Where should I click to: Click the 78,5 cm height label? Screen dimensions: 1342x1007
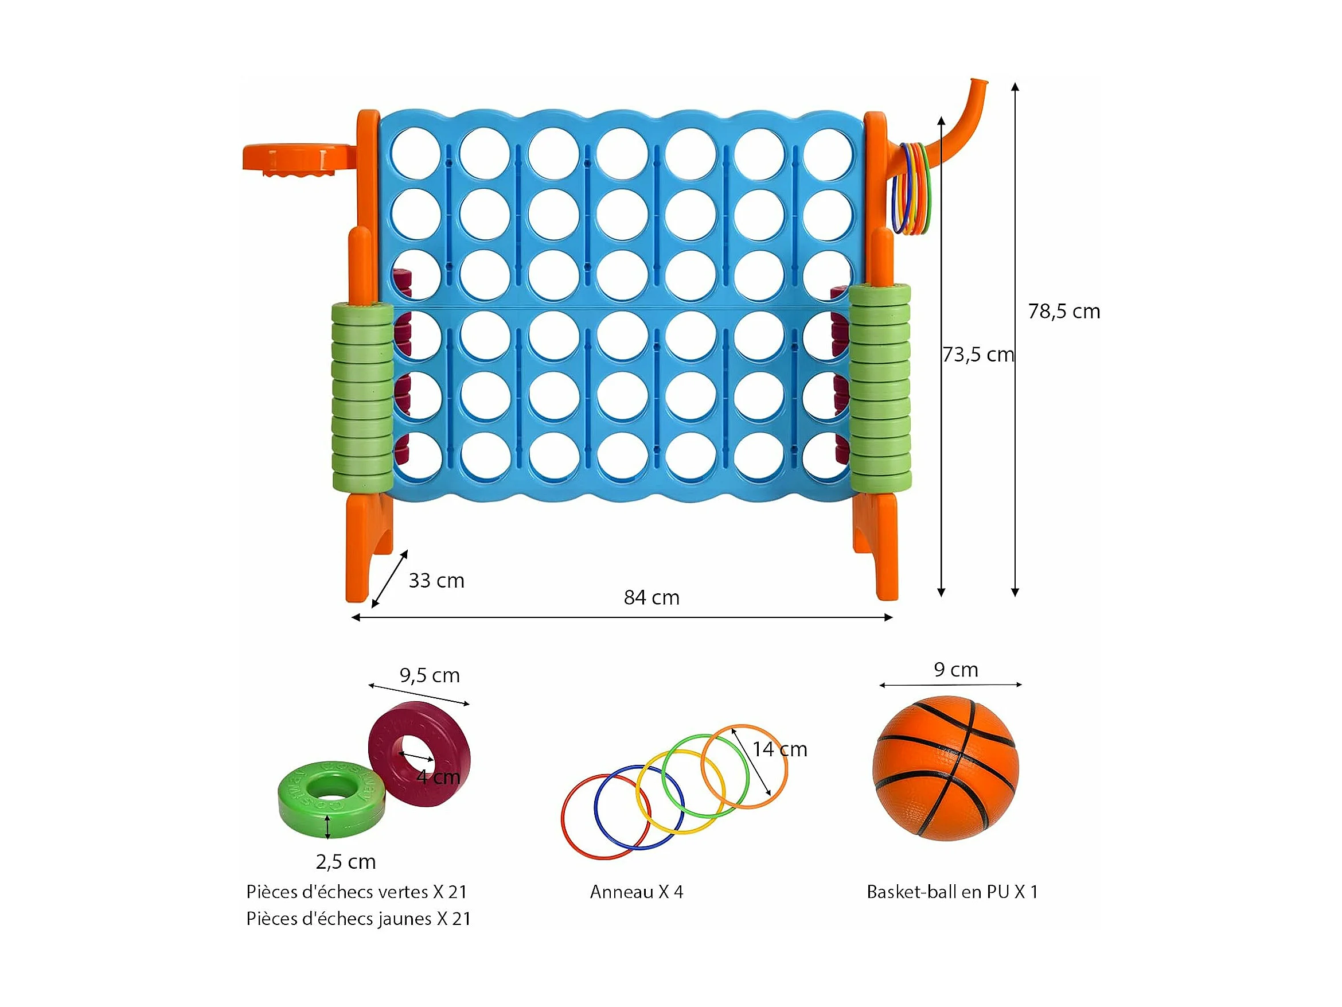click(1063, 312)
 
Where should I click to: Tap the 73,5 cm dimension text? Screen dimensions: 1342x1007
click(978, 355)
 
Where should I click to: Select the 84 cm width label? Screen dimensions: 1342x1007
click(652, 597)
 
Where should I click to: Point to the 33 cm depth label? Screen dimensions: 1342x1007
click(436, 580)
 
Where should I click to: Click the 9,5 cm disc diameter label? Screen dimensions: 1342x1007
click(430, 675)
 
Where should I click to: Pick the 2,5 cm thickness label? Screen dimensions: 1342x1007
click(346, 862)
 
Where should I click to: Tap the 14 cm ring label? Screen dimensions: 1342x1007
click(780, 749)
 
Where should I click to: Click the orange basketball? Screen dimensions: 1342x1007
click(946, 768)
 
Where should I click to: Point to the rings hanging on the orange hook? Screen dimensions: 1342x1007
click(911, 188)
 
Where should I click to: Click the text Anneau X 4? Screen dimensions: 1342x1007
click(637, 892)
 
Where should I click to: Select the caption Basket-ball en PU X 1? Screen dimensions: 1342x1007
click(952, 892)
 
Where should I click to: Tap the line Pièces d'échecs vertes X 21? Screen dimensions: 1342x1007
click(357, 892)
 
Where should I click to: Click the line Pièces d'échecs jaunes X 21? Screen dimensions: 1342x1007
click(358, 919)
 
